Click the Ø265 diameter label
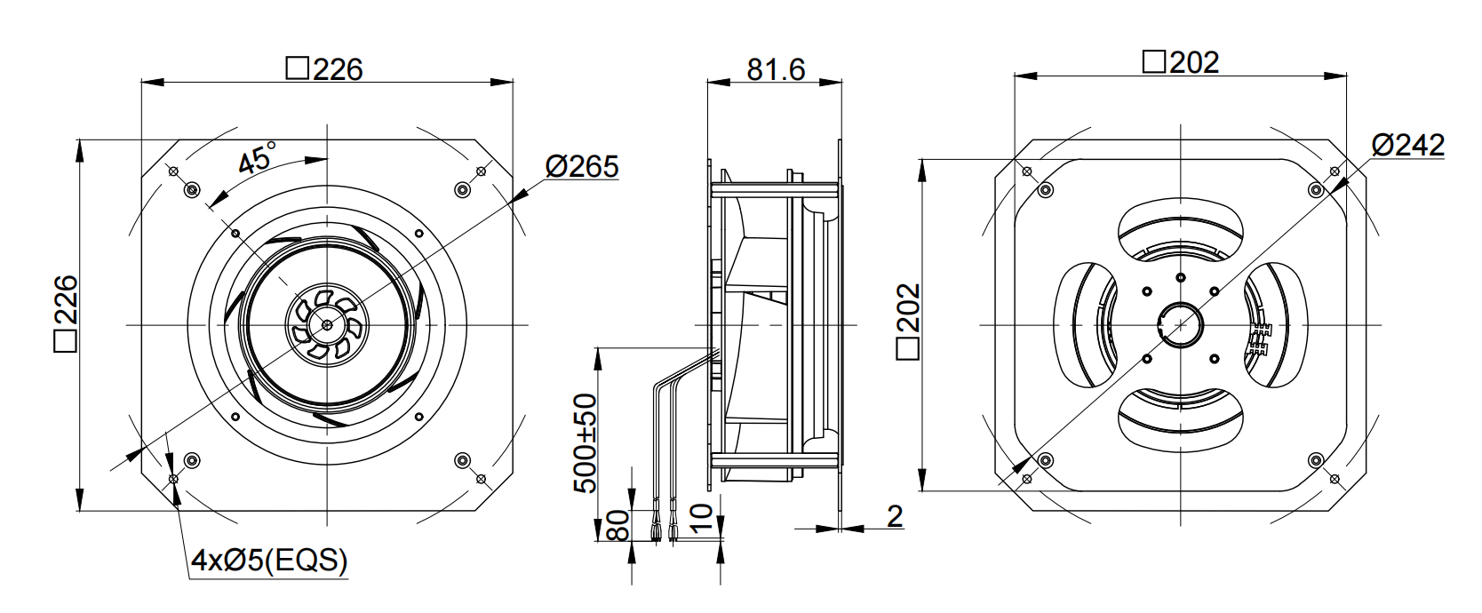pyautogui.click(x=582, y=166)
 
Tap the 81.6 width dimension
pyautogui.click(x=776, y=68)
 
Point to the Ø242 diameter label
pyautogui.click(x=1408, y=144)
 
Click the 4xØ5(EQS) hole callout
pyautogui.click(x=269, y=561)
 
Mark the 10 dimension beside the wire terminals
pyautogui.click(x=702, y=519)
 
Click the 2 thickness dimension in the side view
pyautogui.click(x=895, y=516)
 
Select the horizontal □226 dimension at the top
pyautogui.click(x=324, y=69)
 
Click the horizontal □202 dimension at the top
pyautogui.click(x=1181, y=62)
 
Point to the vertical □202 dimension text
pyautogui.click(x=908, y=322)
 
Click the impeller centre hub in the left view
pyautogui.click(x=328, y=324)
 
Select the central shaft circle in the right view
pyautogui.click(x=1180, y=324)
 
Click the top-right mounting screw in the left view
pyautogui.click(x=463, y=190)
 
